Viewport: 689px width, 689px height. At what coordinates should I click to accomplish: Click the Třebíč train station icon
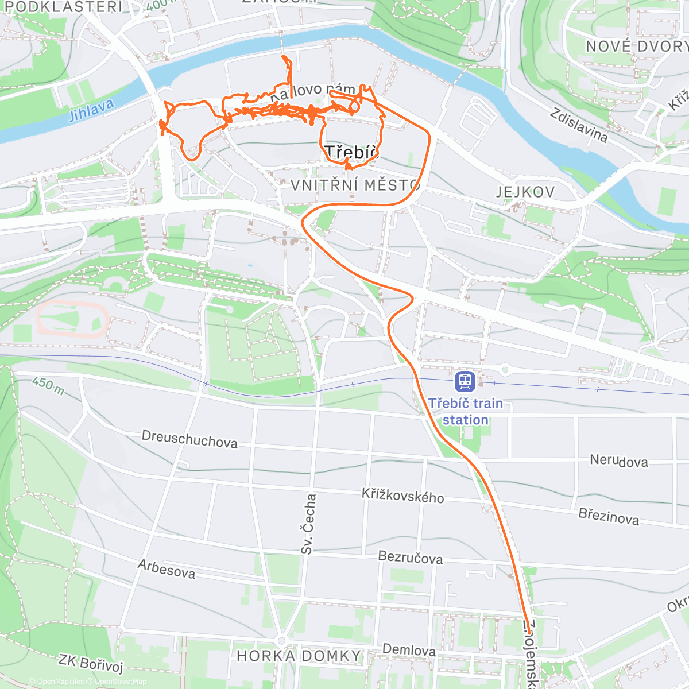click(464, 381)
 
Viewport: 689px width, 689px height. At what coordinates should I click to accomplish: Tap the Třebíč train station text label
click(465, 412)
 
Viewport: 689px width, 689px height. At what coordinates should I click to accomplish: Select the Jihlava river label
click(91, 110)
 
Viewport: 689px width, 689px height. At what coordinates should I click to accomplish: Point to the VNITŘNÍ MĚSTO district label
click(355, 185)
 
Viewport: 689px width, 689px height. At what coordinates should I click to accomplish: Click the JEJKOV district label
click(525, 192)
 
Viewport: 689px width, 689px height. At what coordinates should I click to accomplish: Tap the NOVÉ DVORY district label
click(636, 47)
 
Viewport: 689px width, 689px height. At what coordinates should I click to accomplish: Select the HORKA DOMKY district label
click(299, 656)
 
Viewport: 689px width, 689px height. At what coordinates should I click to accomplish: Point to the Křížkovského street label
click(402, 496)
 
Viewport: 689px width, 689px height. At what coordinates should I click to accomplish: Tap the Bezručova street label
click(410, 557)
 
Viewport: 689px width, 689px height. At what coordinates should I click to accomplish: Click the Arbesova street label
click(167, 569)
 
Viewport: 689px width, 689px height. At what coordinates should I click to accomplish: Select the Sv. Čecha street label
click(308, 524)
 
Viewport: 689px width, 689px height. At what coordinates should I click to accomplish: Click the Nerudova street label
click(619, 461)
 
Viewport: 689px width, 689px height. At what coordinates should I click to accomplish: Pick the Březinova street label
click(609, 517)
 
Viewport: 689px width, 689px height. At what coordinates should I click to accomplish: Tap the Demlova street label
click(409, 650)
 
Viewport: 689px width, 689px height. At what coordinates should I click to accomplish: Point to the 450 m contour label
click(48, 385)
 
